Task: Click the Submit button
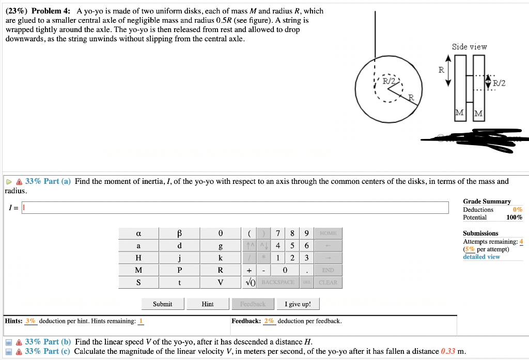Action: point(162,304)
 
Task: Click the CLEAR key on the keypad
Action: point(328,283)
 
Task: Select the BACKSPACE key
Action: point(277,283)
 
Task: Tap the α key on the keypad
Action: point(138,233)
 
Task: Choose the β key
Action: point(179,233)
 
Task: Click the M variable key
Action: point(138,270)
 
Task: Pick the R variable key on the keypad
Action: point(220,270)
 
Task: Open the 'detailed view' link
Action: point(481,257)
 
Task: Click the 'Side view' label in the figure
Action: point(469,47)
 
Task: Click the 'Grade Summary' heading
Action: point(487,201)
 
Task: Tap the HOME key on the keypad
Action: point(328,233)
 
